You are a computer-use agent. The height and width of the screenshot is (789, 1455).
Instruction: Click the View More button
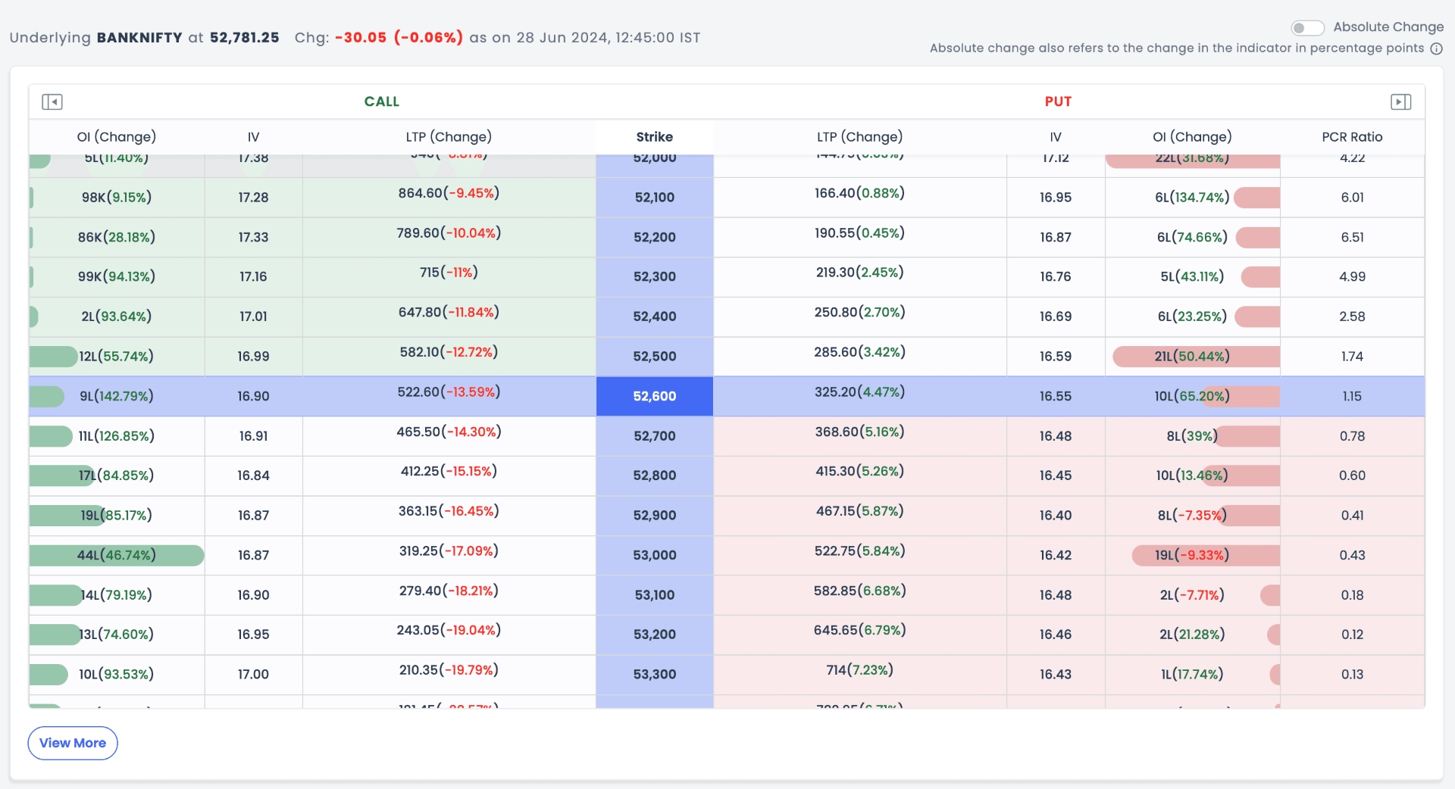(x=73, y=743)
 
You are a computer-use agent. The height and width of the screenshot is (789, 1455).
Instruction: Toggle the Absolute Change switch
(x=1307, y=28)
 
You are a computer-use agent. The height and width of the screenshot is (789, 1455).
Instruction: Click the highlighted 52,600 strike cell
(x=654, y=396)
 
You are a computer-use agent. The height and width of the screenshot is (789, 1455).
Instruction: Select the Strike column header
(x=654, y=137)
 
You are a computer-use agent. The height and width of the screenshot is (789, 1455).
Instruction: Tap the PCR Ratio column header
(x=1352, y=137)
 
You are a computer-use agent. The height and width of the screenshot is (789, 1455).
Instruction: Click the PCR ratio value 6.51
(x=1352, y=237)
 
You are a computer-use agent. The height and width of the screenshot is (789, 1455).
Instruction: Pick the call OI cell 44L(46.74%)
(x=116, y=555)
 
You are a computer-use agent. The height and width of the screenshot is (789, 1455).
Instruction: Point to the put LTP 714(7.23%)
(x=859, y=670)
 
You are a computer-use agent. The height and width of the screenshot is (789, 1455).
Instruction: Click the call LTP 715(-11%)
(x=449, y=273)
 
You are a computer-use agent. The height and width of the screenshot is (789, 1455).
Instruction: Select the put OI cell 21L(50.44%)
(x=1192, y=357)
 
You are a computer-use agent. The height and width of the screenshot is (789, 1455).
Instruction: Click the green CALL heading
(x=381, y=101)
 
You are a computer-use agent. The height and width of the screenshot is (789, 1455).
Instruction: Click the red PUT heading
(x=1058, y=101)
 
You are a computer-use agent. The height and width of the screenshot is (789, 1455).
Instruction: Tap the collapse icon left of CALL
(x=52, y=101)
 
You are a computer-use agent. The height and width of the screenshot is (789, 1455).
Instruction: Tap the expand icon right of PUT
(x=1400, y=101)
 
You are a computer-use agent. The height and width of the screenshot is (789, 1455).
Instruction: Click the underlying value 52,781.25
(x=244, y=37)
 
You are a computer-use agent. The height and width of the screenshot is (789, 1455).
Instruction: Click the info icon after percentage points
(x=1436, y=48)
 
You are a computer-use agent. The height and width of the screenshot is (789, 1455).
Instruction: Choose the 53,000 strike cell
(x=654, y=555)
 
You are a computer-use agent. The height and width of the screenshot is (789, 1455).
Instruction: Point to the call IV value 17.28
(x=253, y=198)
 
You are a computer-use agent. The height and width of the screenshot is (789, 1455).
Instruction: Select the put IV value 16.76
(x=1055, y=277)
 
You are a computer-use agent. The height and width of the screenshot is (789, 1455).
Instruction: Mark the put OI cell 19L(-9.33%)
(x=1192, y=555)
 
